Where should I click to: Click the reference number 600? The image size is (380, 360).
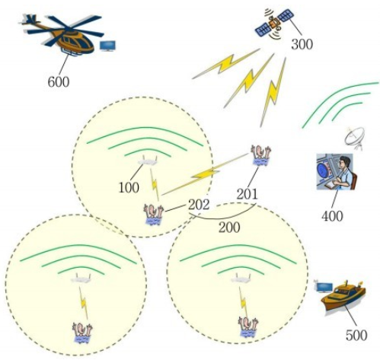(59, 81)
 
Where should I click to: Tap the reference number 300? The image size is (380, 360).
(302, 44)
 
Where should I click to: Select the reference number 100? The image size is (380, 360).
(129, 187)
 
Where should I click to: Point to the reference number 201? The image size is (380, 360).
(247, 194)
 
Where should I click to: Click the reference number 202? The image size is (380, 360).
(199, 204)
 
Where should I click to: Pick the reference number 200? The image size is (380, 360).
(229, 228)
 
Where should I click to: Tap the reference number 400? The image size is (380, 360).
(332, 216)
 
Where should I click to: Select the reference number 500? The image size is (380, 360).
(356, 335)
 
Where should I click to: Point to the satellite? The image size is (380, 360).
(275, 24)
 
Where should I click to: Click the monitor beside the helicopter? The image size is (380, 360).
(107, 46)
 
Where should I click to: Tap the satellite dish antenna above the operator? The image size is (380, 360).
(354, 139)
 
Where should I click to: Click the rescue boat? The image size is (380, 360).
(343, 296)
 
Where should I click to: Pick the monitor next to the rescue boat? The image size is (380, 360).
(324, 287)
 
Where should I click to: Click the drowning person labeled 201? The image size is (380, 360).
(260, 155)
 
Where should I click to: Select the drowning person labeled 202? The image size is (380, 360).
(153, 215)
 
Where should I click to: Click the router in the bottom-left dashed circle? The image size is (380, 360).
(81, 278)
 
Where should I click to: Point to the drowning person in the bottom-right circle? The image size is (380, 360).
(248, 327)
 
